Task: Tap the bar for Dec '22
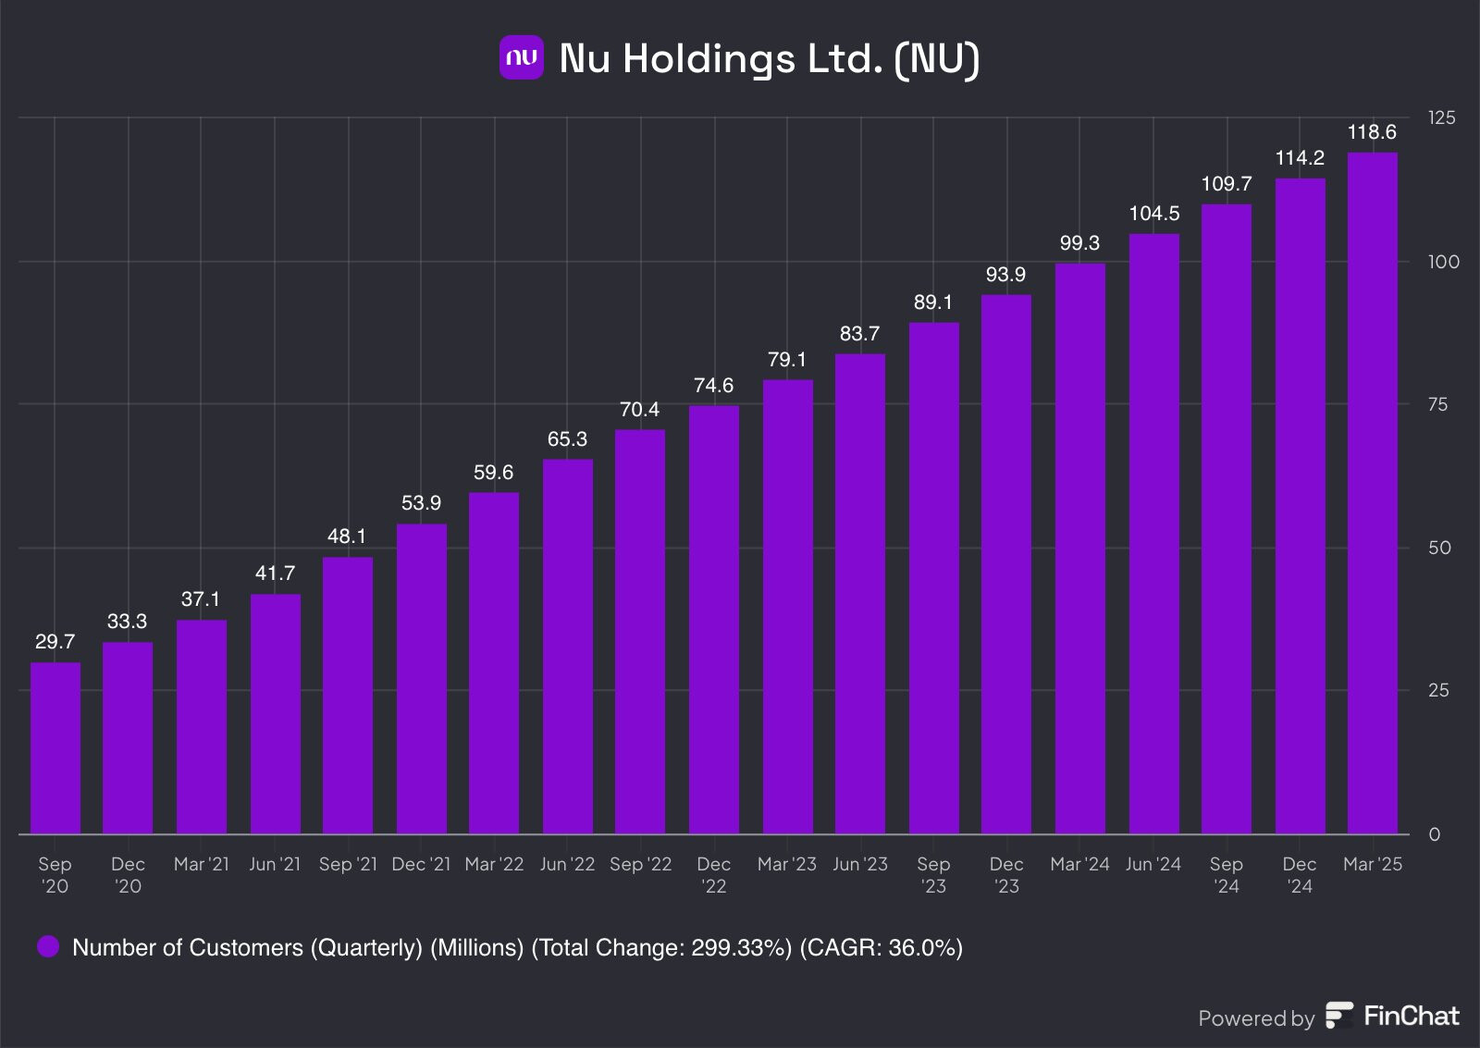714,620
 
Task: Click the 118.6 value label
1372,132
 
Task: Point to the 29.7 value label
55,642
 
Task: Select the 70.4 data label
639,410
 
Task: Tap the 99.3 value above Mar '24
1079,243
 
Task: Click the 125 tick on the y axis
1441,117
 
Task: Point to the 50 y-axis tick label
1439,548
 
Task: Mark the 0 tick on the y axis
1434,834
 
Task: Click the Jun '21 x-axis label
275,864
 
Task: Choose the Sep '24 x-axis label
1226,875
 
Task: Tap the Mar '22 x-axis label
494,864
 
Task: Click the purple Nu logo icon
522,57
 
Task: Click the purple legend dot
48,946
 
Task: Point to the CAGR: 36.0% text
881,947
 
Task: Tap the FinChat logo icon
1338,1016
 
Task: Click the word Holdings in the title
709,58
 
